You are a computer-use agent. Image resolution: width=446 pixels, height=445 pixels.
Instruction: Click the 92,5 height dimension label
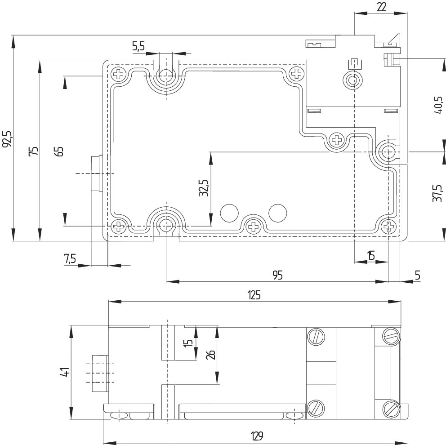(x=7, y=139)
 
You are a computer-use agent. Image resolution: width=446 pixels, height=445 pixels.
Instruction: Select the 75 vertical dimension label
(x=34, y=151)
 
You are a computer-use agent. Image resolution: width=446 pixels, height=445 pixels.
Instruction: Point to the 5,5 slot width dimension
(x=138, y=46)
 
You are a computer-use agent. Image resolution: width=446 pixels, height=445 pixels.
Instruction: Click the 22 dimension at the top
(x=381, y=7)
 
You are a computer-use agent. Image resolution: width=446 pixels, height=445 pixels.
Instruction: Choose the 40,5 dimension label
(x=438, y=105)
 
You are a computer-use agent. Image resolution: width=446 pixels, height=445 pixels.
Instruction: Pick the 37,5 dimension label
(x=437, y=193)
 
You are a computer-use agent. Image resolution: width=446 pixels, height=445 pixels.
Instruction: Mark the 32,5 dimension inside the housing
(x=204, y=188)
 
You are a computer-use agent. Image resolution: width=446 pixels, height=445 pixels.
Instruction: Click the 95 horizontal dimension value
(x=277, y=275)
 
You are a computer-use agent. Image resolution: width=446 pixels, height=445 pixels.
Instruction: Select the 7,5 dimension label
(x=70, y=259)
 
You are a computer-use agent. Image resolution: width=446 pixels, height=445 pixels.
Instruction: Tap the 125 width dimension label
(x=254, y=295)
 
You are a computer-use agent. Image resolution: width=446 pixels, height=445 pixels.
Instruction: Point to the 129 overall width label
(x=257, y=435)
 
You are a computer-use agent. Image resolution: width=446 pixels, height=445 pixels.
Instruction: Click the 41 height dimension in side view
(x=65, y=372)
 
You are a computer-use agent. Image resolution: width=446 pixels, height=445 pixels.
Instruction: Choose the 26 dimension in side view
(x=211, y=355)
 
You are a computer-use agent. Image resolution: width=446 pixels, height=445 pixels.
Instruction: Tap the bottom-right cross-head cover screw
(x=388, y=227)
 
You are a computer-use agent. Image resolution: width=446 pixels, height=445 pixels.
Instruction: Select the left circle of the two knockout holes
(x=229, y=213)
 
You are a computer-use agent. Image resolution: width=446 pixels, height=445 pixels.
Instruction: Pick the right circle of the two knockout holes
(x=277, y=213)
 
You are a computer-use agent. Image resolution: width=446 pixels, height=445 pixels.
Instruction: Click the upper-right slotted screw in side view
(x=392, y=336)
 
